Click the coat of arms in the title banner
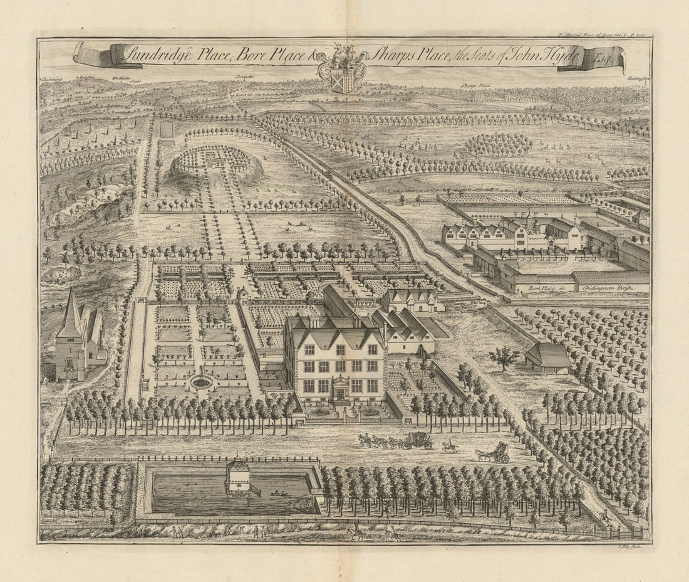(x=341, y=68)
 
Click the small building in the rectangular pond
(x=239, y=477)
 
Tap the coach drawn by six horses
(x=417, y=440)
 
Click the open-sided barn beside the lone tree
(x=547, y=359)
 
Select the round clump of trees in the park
(x=499, y=145)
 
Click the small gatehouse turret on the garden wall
(x=242, y=295)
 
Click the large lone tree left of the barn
(x=505, y=357)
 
